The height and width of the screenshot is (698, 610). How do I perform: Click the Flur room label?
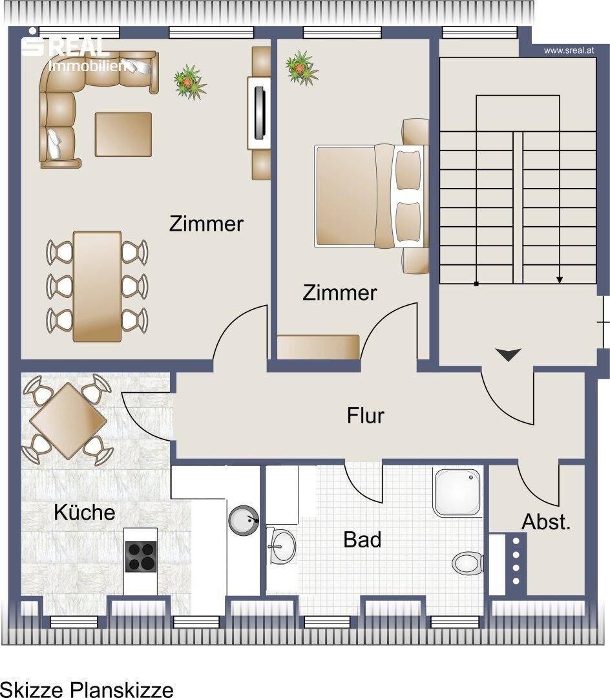(365, 416)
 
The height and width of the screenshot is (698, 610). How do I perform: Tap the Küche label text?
(85, 513)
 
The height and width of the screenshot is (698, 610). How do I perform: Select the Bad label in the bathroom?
(362, 540)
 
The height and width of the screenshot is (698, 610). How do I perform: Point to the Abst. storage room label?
(546, 522)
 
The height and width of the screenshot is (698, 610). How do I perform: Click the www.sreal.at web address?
(569, 51)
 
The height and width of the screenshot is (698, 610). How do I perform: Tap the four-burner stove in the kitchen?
(141, 556)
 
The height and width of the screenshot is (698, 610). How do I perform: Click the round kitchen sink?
(244, 520)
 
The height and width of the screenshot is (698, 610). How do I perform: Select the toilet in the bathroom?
(468, 563)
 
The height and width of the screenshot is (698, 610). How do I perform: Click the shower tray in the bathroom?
(458, 492)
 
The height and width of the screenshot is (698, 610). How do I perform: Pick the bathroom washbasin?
(280, 545)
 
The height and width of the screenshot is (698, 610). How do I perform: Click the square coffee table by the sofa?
(123, 134)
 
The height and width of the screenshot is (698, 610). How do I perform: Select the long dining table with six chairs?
(97, 286)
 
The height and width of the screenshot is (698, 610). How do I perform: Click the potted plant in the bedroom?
(302, 68)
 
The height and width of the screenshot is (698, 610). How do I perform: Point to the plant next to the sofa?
(190, 82)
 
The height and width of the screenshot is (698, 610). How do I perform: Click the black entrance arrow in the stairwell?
(508, 354)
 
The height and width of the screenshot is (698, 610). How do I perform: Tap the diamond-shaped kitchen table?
(68, 421)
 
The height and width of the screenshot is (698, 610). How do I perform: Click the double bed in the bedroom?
(372, 196)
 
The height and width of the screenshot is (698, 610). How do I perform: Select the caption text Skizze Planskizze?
(87, 690)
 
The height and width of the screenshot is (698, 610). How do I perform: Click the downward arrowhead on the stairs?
(560, 280)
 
